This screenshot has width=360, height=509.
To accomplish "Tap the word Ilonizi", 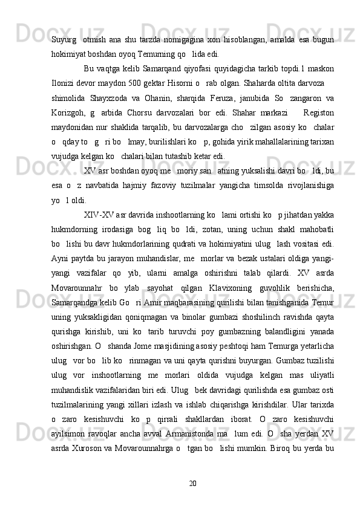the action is (63, 82).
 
